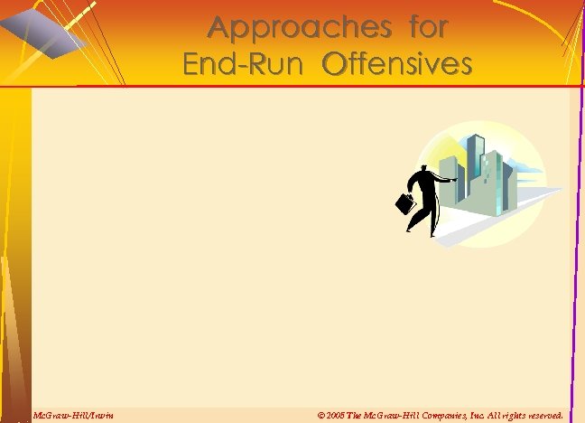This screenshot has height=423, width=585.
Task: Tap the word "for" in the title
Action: (428, 28)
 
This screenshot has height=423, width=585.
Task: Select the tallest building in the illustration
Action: (475, 172)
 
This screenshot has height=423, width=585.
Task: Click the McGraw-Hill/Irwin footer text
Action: (72, 415)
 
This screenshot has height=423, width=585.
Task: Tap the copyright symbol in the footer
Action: (321, 415)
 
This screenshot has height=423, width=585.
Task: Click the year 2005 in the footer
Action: (337, 415)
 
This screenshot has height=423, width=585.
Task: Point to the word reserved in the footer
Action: (541, 415)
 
